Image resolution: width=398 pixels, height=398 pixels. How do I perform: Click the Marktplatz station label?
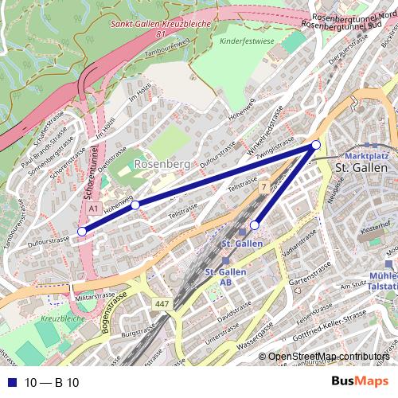point(365,157)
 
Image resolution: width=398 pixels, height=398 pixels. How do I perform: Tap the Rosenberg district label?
point(162,164)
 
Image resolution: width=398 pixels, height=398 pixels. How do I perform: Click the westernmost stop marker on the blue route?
point(81,232)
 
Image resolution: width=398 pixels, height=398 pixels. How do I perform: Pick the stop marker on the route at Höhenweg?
point(135,205)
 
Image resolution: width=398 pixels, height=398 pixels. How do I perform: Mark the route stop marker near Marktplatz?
point(316,144)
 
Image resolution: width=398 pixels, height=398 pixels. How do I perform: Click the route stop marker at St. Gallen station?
point(255,224)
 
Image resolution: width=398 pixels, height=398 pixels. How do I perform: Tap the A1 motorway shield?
point(93,208)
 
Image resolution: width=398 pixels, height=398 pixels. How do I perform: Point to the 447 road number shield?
point(162,305)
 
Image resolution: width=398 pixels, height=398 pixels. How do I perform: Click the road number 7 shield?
point(263,186)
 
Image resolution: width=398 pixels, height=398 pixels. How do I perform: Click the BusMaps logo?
point(356,382)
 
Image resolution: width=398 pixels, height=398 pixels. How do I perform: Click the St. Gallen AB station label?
point(225,277)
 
